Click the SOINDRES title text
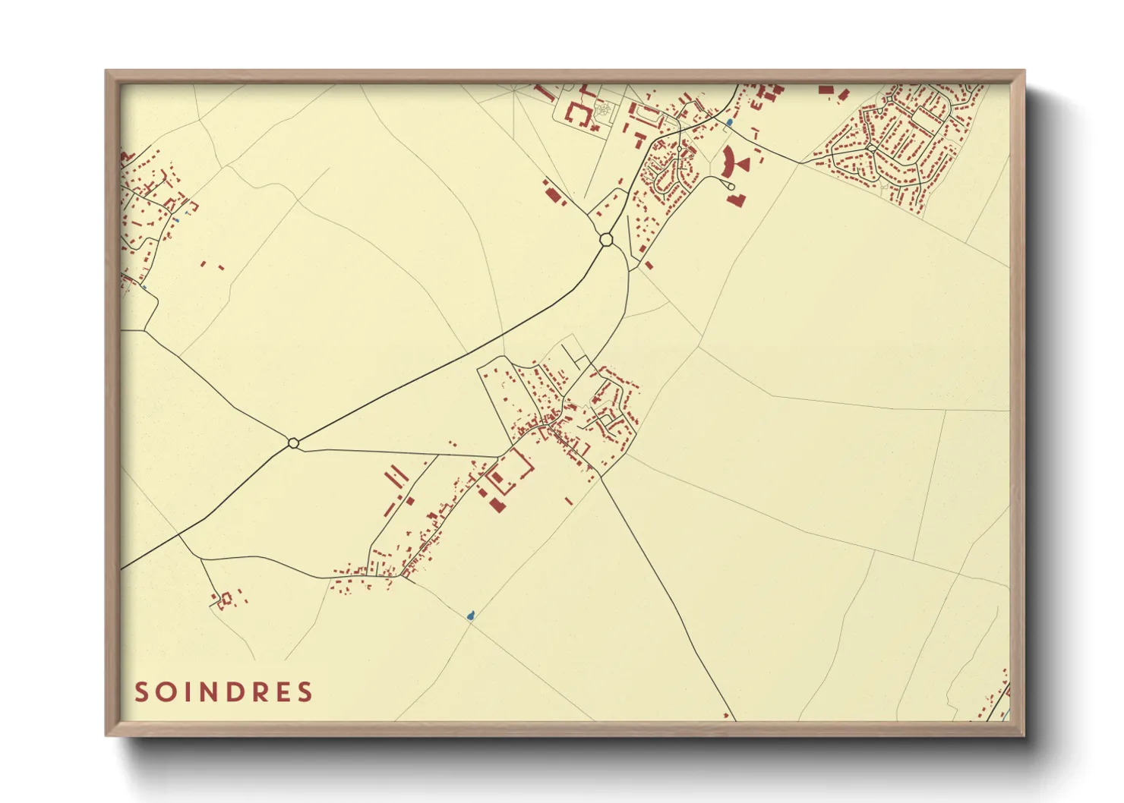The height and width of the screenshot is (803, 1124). pos(224,692)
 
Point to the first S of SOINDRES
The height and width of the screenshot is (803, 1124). pos(142,692)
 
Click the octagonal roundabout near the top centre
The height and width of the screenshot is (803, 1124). pos(605,240)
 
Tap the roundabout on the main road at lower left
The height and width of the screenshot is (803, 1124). pos(293,442)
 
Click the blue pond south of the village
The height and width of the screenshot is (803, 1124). pos(471,615)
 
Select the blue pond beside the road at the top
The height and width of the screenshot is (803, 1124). pos(730,121)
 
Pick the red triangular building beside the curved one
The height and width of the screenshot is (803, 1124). pos(743,163)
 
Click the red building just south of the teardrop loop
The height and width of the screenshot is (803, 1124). pos(736,200)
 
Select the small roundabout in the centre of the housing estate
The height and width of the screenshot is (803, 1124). pos(872,150)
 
